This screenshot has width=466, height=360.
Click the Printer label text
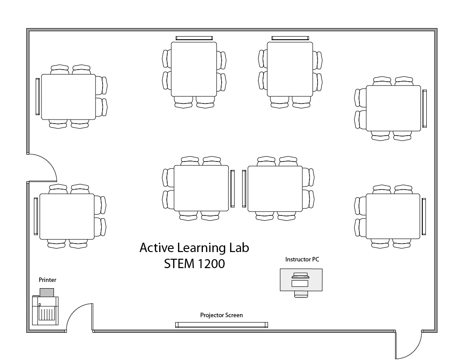pos(47,280)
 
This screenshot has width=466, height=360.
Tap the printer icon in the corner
pos(45,309)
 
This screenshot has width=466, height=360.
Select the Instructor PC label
pos(302,259)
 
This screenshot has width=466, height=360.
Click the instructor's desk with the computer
pos(301,280)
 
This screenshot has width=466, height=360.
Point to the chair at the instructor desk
pos(301,294)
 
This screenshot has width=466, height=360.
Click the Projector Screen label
pos(221,315)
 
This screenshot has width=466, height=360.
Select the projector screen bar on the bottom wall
pos(221,325)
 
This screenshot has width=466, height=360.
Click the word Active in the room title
pos(157,248)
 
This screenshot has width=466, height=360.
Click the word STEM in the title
pos(179,264)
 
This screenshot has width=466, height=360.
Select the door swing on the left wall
pos(42,167)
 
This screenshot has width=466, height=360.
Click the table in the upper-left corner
pos(68,97)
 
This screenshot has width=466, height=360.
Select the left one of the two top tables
pos(194,69)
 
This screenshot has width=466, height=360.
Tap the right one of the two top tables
pos(290,69)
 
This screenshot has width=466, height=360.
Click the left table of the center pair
pos(201,188)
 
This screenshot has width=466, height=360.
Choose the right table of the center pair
pos(275,188)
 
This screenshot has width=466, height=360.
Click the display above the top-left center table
pos(194,38)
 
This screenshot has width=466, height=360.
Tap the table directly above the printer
pos(67,216)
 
